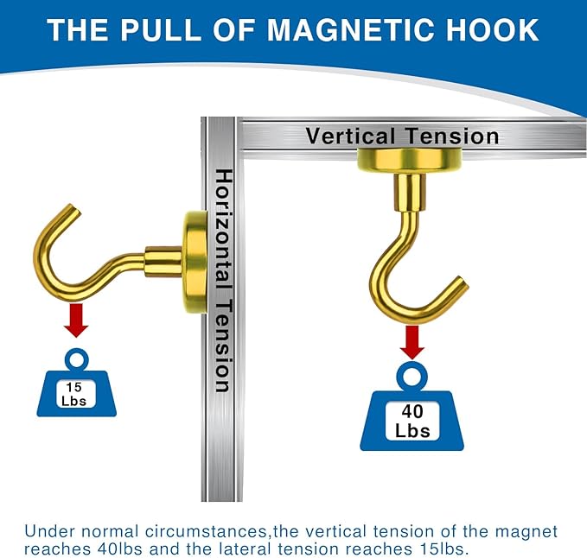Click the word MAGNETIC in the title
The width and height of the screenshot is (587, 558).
[351, 30]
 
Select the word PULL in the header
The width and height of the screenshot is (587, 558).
[161, 30]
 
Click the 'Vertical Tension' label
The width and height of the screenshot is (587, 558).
[403, 136]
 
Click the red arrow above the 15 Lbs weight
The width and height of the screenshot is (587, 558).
[76, 320]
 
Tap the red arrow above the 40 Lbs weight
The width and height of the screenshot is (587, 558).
[412, 342]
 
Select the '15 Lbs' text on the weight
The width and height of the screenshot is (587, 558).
[74, 394]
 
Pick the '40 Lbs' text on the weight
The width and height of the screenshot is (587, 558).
[412, 422]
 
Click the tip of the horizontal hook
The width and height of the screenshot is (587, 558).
[75, 208]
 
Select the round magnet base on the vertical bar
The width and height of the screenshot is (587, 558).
[195, 262]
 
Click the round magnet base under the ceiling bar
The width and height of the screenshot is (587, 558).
[410, 161]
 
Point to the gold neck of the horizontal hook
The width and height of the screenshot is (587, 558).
[163, 262]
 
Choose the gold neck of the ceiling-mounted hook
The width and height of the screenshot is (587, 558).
[410, 193]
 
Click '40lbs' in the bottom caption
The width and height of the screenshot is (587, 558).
[120, 548]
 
